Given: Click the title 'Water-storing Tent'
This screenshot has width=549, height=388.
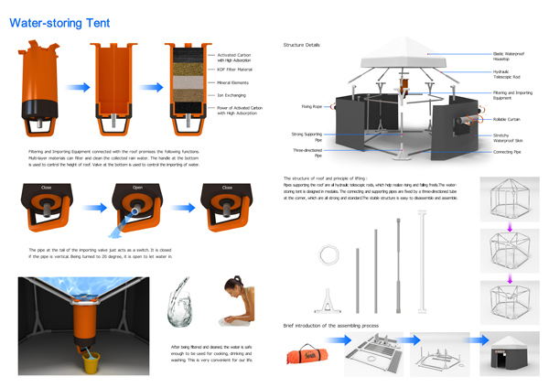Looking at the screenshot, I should click(59, 22).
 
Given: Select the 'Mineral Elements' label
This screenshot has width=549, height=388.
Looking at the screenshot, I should click(232, 81).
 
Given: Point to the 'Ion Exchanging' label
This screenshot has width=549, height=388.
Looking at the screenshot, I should click(230, 94).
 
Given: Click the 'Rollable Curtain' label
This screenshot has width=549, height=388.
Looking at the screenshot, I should click(505, 119).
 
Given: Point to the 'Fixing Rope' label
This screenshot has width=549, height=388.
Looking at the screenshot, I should click(311, 106).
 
